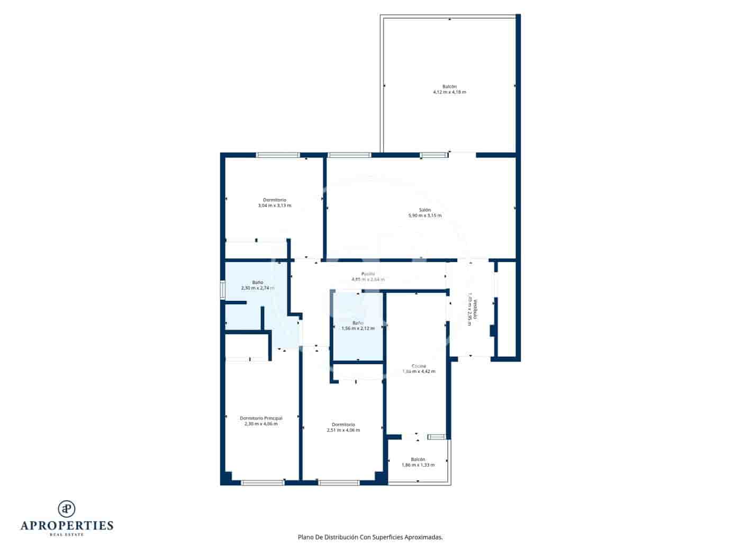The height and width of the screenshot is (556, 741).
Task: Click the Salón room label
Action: [x=424, y=210]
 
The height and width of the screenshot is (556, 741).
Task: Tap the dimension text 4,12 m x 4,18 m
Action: [x=449, y=92]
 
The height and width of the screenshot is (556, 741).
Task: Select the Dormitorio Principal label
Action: [x=261, y=418]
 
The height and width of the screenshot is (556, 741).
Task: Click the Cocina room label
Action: [x=419, y=366]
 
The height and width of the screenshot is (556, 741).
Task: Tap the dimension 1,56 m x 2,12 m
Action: [x=358, y=328]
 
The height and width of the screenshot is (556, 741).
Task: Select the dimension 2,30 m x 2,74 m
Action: [x=257, y=288]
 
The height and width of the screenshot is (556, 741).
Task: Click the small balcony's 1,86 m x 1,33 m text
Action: [x=418, y=465]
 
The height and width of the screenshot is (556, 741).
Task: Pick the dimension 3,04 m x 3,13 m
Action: [x=274, y=205]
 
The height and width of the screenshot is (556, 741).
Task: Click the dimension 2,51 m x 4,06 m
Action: [x=343, y=430]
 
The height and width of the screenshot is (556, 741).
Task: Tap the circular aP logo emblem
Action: [x=67, y=508]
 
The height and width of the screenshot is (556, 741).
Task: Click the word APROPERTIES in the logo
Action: [x=67, y=525]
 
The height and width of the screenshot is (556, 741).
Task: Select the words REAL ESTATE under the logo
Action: [x=67, y=534]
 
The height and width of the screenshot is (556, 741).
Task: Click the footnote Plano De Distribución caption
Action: [x=370, y=537]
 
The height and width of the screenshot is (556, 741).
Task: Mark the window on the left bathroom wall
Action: [x=223, y=290]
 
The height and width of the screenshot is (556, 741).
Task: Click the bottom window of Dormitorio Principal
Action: [x=263, y=482]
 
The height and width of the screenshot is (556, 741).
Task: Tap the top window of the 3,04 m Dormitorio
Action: [x=278, y=155]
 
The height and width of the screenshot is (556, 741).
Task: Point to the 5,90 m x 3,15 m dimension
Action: [x=424, y=216]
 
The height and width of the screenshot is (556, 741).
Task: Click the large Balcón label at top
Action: [x=449, y=86]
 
